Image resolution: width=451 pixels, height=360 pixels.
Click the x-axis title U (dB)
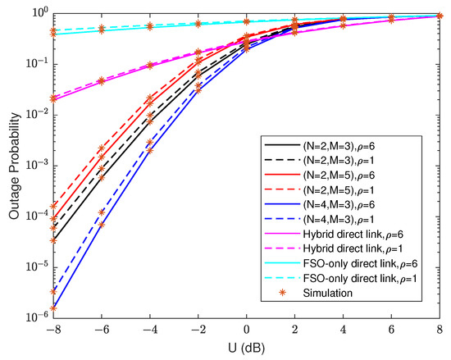tap(246, 351)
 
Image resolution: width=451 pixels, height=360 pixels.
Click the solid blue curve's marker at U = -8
tap(52, 308)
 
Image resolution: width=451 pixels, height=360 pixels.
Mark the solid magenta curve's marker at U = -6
tap(102, 81)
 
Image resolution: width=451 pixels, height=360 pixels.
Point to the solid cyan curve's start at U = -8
tap(52, 34)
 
